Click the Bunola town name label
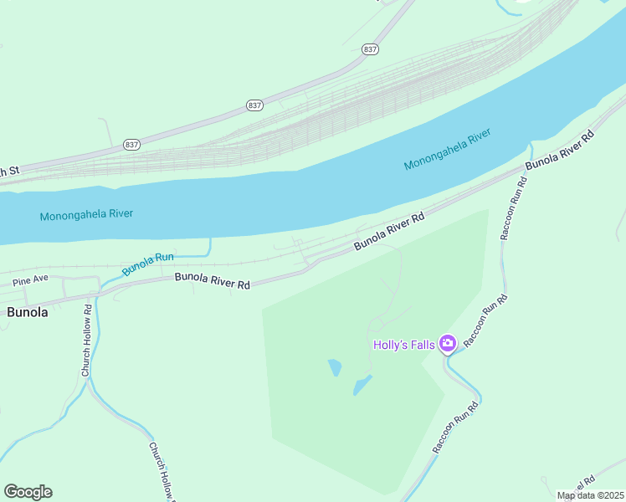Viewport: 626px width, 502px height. [x=28, y=312]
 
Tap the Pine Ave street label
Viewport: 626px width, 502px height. [x=30, y=278]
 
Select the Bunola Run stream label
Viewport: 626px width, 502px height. [x=147, y=264]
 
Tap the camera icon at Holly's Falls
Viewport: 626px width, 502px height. [x=448, y=344]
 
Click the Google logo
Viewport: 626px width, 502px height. [x=28, y=492]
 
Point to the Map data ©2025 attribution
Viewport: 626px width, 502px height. [x=590, y=495]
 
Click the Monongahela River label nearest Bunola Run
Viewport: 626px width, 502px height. [x=86, y=214]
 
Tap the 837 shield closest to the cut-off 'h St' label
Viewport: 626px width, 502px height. [x=131, y=144]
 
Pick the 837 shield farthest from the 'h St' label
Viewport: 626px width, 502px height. [x=371, y=49]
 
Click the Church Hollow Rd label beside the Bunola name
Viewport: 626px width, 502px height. [x=85, y=339]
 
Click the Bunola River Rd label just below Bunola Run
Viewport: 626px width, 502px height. [x=213, y=280]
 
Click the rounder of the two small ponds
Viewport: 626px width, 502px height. [x=335, y=367]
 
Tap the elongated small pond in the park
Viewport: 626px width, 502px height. [x=362, y=385]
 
